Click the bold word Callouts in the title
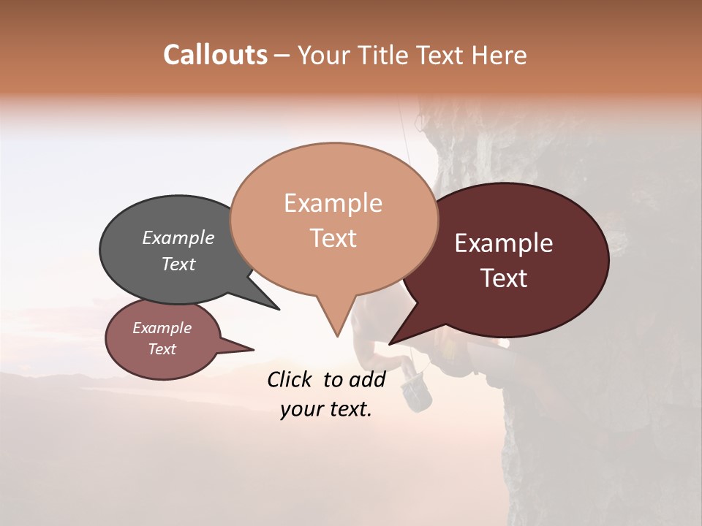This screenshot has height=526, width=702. coord(215,55)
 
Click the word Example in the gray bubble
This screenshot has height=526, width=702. coord(178,237)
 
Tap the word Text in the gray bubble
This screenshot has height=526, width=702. coord(178,264)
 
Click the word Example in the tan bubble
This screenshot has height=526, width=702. coord(333,203)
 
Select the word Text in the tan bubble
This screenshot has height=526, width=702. coord(333,238)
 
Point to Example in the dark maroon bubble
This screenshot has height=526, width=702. coord(504,243)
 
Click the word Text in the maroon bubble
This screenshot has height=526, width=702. coord(505,278)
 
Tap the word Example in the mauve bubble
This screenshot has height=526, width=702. coord(162,328)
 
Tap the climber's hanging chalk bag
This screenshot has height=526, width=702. coord(419,394)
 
